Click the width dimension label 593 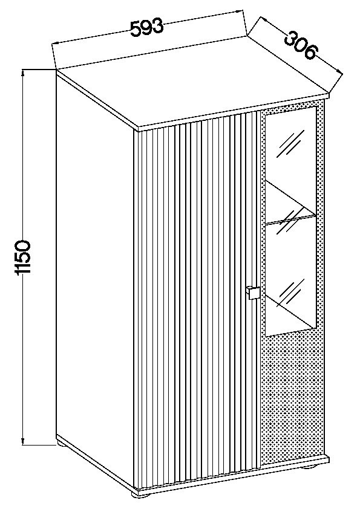(146, 27)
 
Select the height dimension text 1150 (23, 258)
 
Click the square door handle (253, 293)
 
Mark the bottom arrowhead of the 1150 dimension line (23, 441)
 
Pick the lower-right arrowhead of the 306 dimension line (339, 73)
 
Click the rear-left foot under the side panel (62, 443)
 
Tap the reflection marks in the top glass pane (290, 144)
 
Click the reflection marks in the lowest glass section (291, 293)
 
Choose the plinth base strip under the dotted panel (294, 462)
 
